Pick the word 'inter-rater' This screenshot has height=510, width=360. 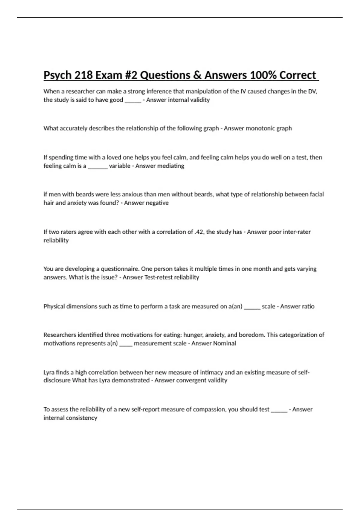pyautogui.click(x=296, y=232)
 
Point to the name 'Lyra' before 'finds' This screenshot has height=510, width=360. pyautogui.click(x=49, y=372)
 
